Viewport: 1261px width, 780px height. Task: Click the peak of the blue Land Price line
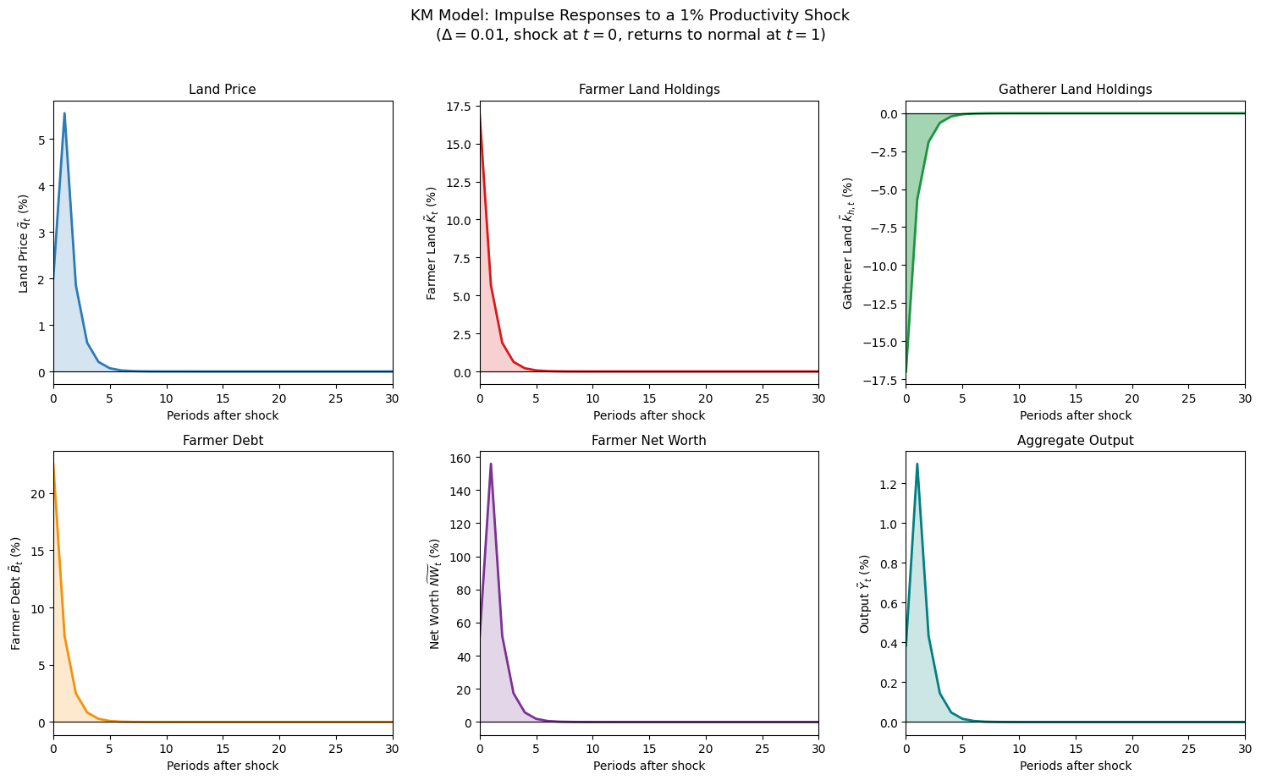(64, 113)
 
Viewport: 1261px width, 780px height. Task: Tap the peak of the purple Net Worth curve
(491, 464)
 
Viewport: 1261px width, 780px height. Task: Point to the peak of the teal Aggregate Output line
(917, 464)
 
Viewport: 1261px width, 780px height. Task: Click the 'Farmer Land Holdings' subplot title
(649, 90)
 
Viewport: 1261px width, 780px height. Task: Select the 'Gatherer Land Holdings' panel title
(1075, 90)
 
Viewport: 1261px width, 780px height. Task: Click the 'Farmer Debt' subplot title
(223, 440)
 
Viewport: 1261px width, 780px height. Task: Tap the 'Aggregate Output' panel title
(1075, 440)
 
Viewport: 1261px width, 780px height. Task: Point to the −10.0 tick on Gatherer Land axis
(885, 266)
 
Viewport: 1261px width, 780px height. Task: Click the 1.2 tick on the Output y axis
(890, 484)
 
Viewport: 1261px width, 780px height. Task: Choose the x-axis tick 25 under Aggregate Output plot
(1188, 749)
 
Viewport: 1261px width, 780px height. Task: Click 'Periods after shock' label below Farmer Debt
(223, 766)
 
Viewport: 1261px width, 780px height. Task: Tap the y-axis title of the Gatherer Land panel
(848, 243)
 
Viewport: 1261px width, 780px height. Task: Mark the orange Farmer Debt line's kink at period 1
(64, 636)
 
